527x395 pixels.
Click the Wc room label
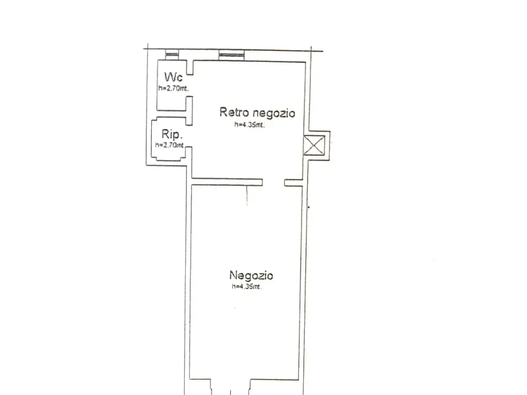click(173, 77)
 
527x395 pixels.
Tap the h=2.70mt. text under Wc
click(173, 88)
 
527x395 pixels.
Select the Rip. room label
click(172, 134)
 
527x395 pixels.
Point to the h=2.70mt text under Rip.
click(169, 145)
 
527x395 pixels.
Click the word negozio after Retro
click(274, 113)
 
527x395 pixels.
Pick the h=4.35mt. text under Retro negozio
click(250, 125)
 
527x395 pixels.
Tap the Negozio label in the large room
click(251, 275)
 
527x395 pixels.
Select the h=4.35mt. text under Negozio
click(247, 286)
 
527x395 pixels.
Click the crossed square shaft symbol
click(314, 145)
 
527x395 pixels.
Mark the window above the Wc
click(172, 55)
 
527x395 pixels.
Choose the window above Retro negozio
click(231, 55)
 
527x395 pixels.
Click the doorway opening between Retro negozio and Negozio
click(273, 183)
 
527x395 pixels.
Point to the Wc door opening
click(190, 86)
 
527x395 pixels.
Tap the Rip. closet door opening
click(189, 136)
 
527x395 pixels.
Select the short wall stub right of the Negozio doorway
click(294, 183)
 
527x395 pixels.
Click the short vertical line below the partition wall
click(247, 195)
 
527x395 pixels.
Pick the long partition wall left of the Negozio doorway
click(227, 182)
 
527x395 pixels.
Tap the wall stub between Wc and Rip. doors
click(189, 111)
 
